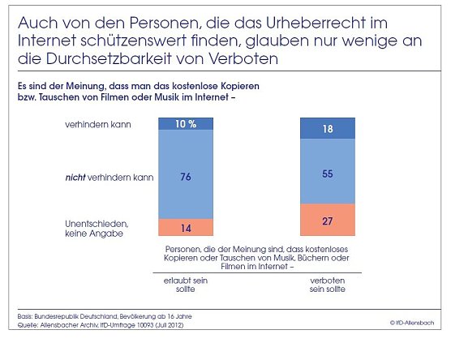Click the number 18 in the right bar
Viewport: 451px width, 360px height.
[x=328, y=128]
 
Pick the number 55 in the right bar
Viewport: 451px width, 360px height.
[x=328, y=173]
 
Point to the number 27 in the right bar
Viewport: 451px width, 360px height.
[x=328, y=221]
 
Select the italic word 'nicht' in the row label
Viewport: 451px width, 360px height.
[x=76, y=175]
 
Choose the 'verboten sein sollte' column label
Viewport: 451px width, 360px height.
[x=329, y=283]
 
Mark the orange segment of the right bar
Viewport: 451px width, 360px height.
[x=328, y=221]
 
